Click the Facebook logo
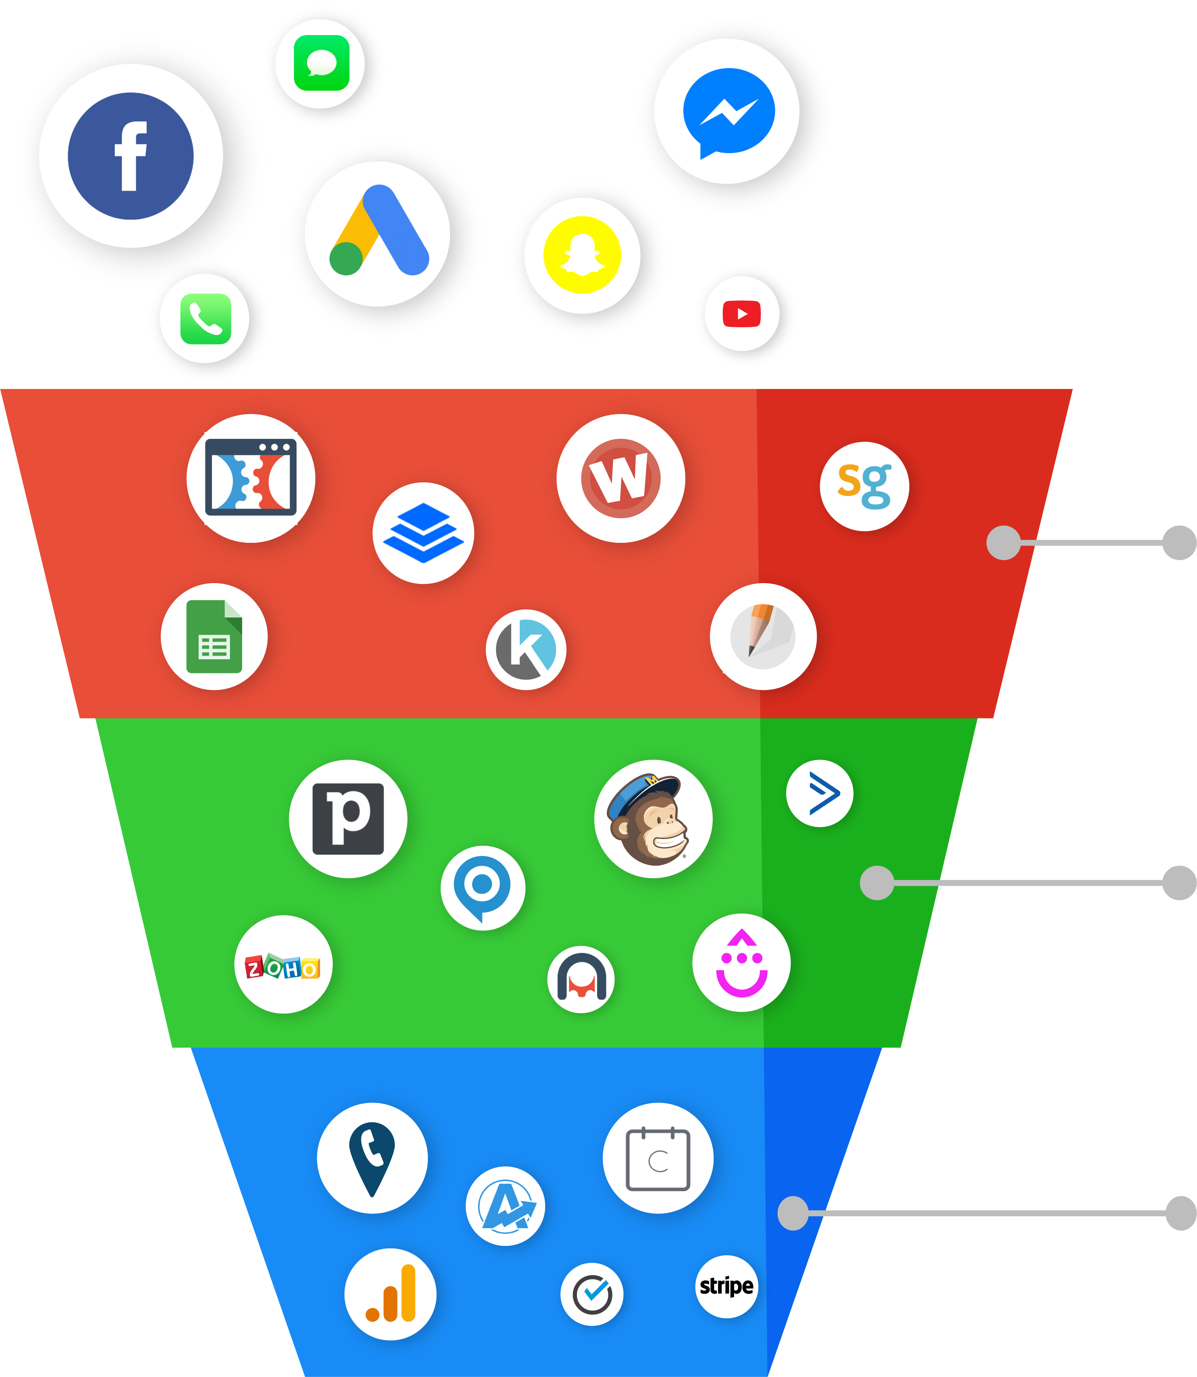click(x=131, y=156)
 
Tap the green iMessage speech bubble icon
click(x=321, y=63)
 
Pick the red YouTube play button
click(x=741, y=314)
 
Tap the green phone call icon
click(x=206, y=319)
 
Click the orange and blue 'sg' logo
click(x=864, y=486)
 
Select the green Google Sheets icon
click(x=214, y=636)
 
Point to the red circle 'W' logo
click(x=620, y=478)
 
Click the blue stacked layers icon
click(x=423, y=532)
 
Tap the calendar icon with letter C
click(x=658, y=1159)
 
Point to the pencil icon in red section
click(x=762, y=636)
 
